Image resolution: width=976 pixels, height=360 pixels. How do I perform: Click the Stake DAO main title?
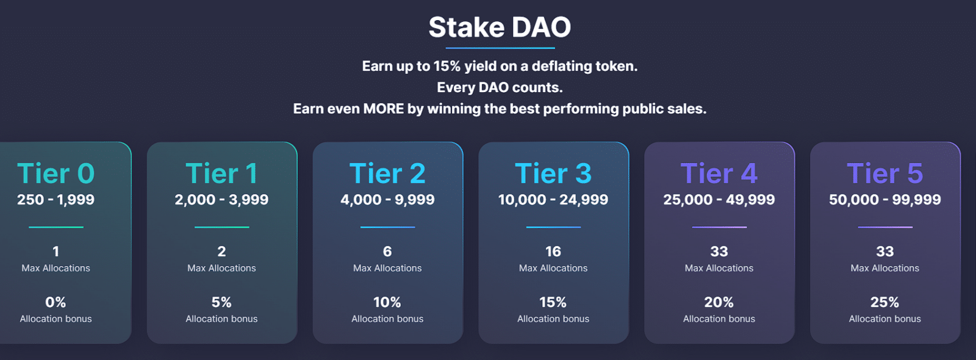click(500, 27)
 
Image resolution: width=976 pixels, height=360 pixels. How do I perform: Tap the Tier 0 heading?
click(56, 174)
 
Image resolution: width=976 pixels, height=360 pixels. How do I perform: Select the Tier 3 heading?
click(553, 174)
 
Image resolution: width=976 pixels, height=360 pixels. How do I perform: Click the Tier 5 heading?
click(884, 174)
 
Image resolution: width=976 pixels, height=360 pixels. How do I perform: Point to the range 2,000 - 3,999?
click(221, 200)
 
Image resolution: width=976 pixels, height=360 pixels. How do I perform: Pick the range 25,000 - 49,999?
click(719, 200)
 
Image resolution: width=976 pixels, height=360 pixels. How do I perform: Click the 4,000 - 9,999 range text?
click(387, 200)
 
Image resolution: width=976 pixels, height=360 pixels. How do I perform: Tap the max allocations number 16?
click(553, 251)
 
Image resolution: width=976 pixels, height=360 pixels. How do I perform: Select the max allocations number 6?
click(387, 251)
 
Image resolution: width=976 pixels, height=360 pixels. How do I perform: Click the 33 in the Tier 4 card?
click(719, 251)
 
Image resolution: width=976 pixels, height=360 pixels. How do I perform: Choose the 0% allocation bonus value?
click(56, 302)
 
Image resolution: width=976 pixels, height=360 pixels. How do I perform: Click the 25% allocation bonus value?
click(884, 302)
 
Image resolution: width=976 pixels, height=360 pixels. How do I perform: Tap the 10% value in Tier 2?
click(387, 302)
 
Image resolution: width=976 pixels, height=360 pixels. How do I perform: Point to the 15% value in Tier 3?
click(553, 302)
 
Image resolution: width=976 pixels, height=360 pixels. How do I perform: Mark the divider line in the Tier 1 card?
click(221, 227)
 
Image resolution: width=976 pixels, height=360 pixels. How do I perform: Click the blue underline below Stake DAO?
click(500, 48)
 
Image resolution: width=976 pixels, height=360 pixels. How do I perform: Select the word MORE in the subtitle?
click(383, 109)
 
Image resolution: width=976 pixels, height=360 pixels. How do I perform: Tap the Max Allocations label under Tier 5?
click(884, 268)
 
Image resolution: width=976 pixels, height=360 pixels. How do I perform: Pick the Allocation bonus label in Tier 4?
click(719, 319)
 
